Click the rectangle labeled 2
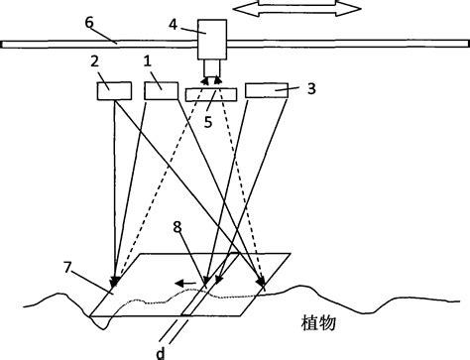tap(114, 90)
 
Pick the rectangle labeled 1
tap(160, 90)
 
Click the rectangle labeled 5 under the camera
tap(210, 93)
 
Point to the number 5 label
tap(209, 123)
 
